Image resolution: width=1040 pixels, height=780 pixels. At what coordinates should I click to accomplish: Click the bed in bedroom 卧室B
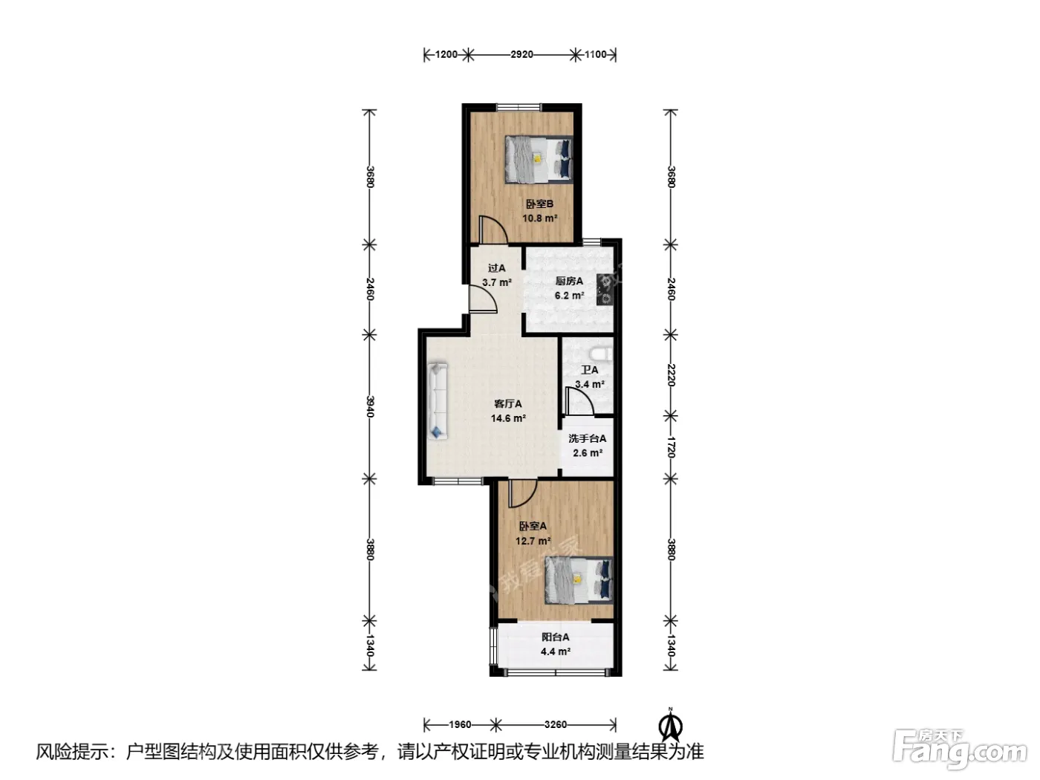[x=539, y=159]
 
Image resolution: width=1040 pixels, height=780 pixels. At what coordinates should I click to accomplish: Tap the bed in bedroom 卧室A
[x=579, y=580]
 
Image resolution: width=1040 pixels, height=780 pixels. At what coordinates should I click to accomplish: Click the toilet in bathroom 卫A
[x=602, y=354]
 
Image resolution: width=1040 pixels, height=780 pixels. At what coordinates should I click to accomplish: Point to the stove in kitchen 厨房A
[x=605, y=290]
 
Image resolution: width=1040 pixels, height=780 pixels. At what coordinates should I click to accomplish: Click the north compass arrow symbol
[x=671, y=725]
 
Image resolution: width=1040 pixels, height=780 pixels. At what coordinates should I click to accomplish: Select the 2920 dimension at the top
[x=521, y=54]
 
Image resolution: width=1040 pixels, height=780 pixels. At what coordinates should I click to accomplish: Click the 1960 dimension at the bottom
[x=460, y=724]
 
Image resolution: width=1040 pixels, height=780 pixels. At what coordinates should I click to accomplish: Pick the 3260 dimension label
[x=556, y=724]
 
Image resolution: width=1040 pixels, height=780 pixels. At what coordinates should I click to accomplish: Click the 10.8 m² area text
[x=539, y=218]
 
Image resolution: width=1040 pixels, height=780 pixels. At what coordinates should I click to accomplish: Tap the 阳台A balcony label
[x=556, y=637]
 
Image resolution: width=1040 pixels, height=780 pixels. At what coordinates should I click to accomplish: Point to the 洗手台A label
[x=587, y=438]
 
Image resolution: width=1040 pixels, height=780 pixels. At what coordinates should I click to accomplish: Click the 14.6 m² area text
[x=508, y=418]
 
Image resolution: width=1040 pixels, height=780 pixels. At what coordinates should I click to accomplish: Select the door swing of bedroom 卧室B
[x=493, y=230]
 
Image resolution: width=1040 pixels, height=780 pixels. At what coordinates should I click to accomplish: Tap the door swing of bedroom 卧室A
[x=523, y=493]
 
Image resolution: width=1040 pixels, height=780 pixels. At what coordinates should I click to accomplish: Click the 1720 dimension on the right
[x=671, y=446]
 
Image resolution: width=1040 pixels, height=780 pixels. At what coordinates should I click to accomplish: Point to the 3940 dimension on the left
[x=370, y=407]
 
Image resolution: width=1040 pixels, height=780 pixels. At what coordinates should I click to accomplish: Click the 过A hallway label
[x=496, y=268]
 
